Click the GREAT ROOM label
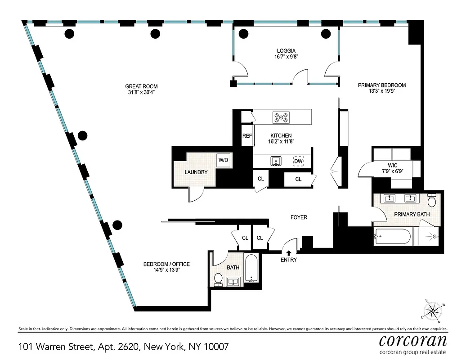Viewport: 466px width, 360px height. (x=141, y=86)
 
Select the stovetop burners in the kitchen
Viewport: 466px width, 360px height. (x=281, y=117)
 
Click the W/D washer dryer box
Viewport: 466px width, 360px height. (x=224, y=160)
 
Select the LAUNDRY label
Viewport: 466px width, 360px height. (x=196, y=172)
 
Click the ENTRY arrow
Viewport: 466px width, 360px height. (x=289, y=253)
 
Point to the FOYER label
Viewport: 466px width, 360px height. (x=299, y=217)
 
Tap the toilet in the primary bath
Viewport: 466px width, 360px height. (x=432, y=198)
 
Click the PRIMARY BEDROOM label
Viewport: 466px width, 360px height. (x=382, y=85)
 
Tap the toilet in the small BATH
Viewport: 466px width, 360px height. (x=218, y=279)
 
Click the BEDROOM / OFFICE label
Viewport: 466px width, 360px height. (x=166, y=264)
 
